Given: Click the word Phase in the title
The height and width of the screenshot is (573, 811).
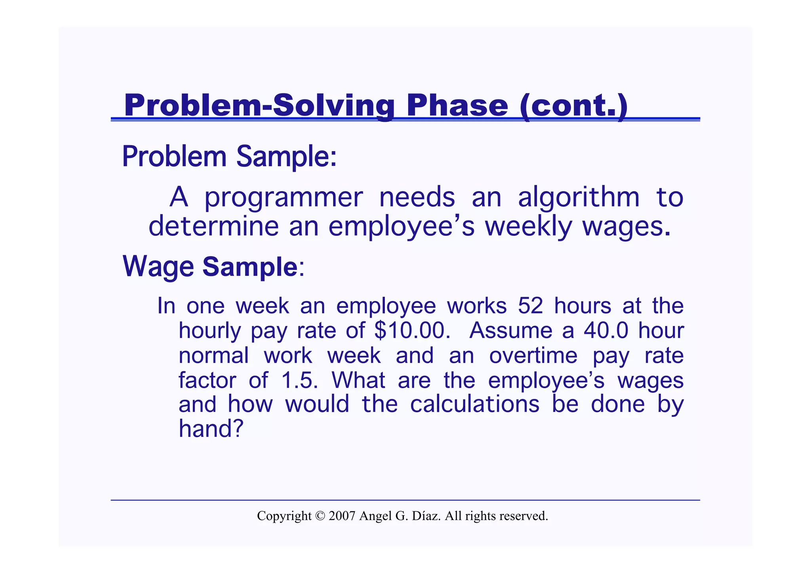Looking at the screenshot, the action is [457, 105].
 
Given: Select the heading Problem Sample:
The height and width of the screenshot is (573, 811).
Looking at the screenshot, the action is [229, 157].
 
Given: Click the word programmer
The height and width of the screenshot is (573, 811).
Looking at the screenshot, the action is [283, 198].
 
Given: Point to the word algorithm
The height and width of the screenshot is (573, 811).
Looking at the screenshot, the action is [579, 198].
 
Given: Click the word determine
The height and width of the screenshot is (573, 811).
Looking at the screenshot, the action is [213, 226].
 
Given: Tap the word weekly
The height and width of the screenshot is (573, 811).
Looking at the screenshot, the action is [528, 226].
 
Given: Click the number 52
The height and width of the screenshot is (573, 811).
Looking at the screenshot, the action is [530, 306].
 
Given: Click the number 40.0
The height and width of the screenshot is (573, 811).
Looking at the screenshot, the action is [606, 330].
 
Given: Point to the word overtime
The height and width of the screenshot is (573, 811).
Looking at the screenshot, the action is [533, 355].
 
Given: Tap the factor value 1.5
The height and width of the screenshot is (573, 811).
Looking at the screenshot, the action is [299, 380].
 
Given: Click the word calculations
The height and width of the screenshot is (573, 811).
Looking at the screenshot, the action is [474, 404].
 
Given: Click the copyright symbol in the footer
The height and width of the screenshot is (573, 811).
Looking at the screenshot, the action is [320, 516].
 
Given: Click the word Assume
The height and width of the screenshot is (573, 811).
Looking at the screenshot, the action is [510, 330].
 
